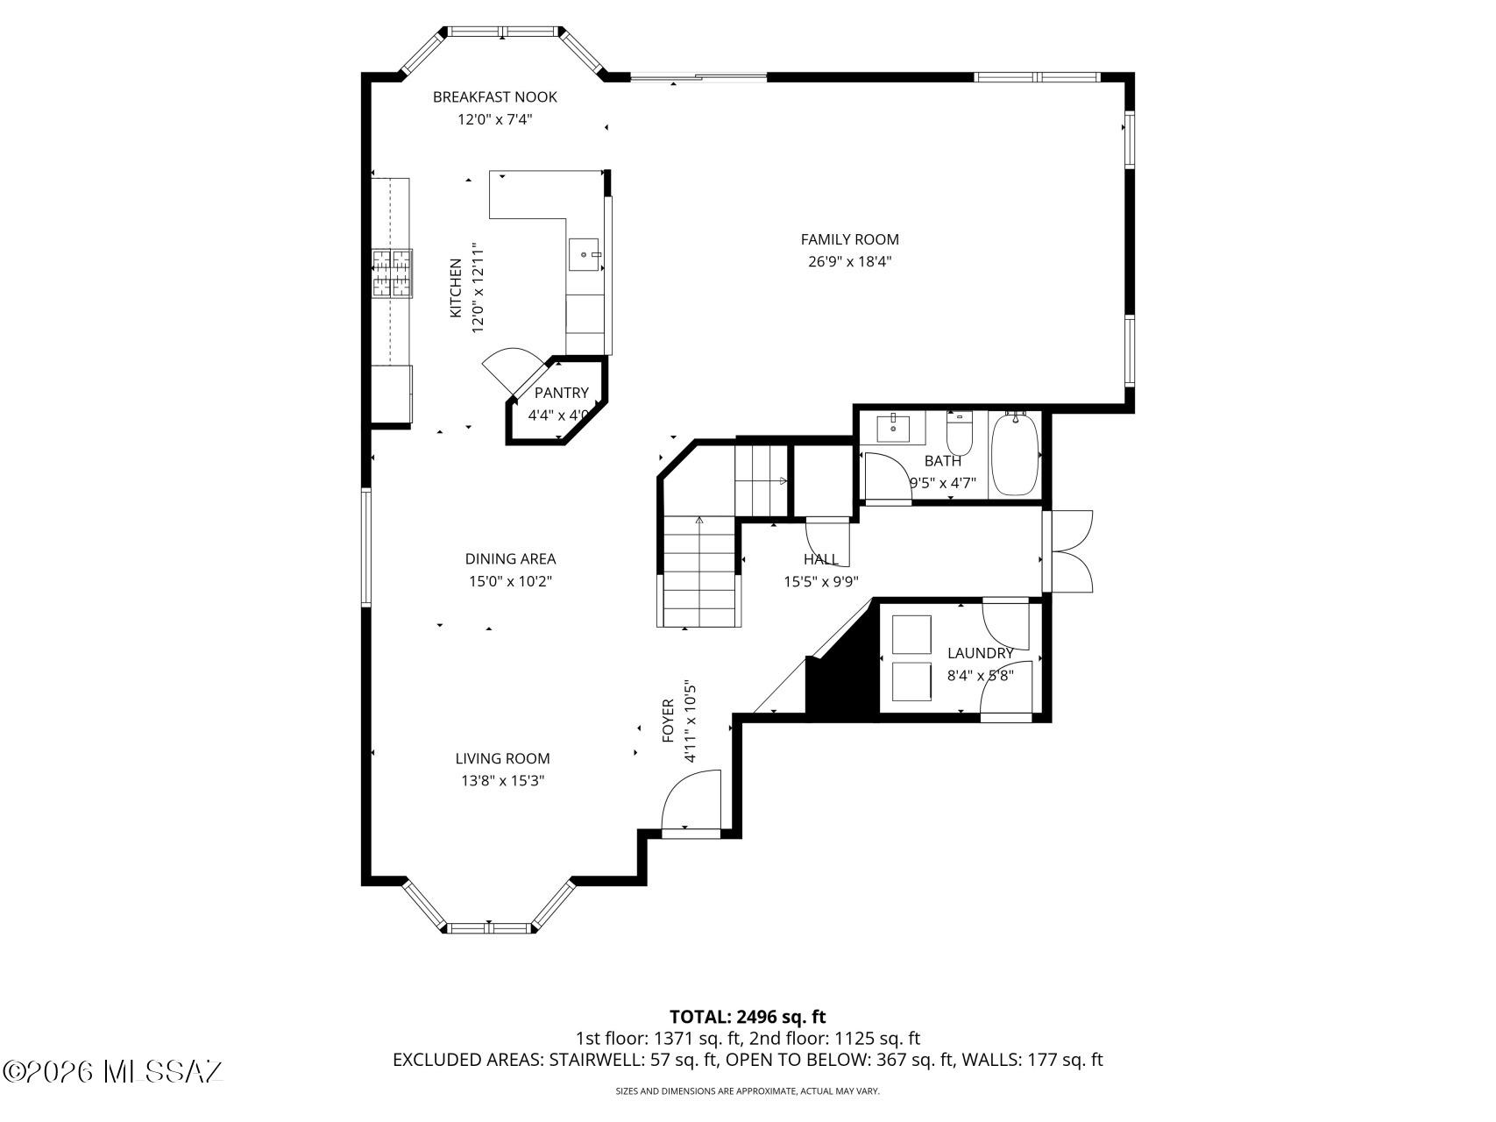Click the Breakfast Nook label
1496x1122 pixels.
494,96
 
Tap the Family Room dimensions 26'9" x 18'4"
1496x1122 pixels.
849,261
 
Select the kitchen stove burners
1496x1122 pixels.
391,273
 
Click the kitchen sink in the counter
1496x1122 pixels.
585,254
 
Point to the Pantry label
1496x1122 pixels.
561,393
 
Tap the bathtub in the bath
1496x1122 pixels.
1015,455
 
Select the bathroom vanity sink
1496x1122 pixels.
893,427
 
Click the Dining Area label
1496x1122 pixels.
510,558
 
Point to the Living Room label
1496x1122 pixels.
502,758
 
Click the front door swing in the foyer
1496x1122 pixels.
691,801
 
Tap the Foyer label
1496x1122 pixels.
668,721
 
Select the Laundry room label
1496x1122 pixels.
980,653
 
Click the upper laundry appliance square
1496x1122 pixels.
911,634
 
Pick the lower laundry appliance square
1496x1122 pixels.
911,682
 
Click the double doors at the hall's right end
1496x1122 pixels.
1069,551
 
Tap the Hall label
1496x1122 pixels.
820,558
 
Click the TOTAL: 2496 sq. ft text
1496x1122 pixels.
748,1017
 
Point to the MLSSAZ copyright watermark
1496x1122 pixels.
114,1071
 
